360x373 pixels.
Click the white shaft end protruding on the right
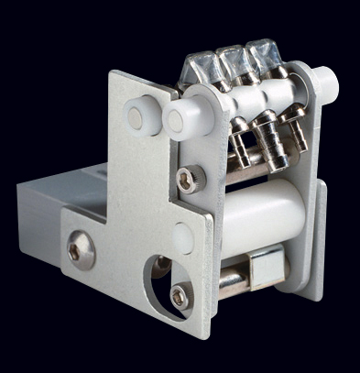coord(325,83)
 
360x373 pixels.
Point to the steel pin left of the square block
coord(234,276)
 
